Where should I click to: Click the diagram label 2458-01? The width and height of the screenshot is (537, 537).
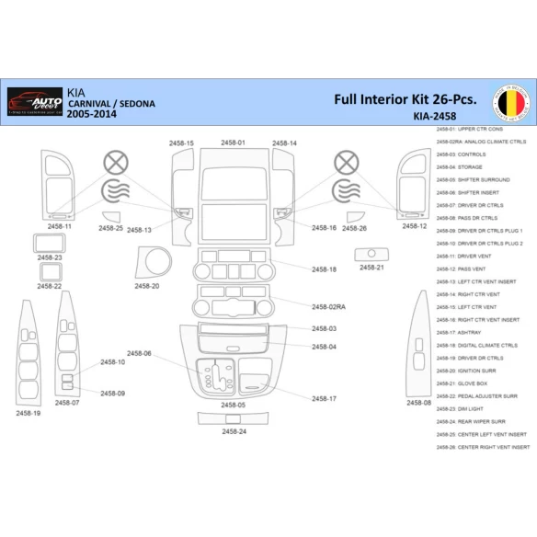tap(233, 143)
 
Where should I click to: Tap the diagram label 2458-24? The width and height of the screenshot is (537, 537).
tap(234, 431)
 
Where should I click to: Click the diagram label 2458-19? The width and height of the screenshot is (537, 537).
tap(29, 413)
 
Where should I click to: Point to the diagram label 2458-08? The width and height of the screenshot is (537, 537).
tap(418, 402)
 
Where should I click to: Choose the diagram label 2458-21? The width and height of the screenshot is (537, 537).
tap(371, 268)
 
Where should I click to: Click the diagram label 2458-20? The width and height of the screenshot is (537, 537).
tap(147, 286)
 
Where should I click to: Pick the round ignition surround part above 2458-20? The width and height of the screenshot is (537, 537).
tap(153, 262)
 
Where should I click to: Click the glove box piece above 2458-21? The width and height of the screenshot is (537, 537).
tap(371, 253)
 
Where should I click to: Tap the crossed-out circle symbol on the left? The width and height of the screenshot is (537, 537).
tap(115, 163)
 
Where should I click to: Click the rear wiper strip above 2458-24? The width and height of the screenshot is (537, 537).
tap(234, 418)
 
